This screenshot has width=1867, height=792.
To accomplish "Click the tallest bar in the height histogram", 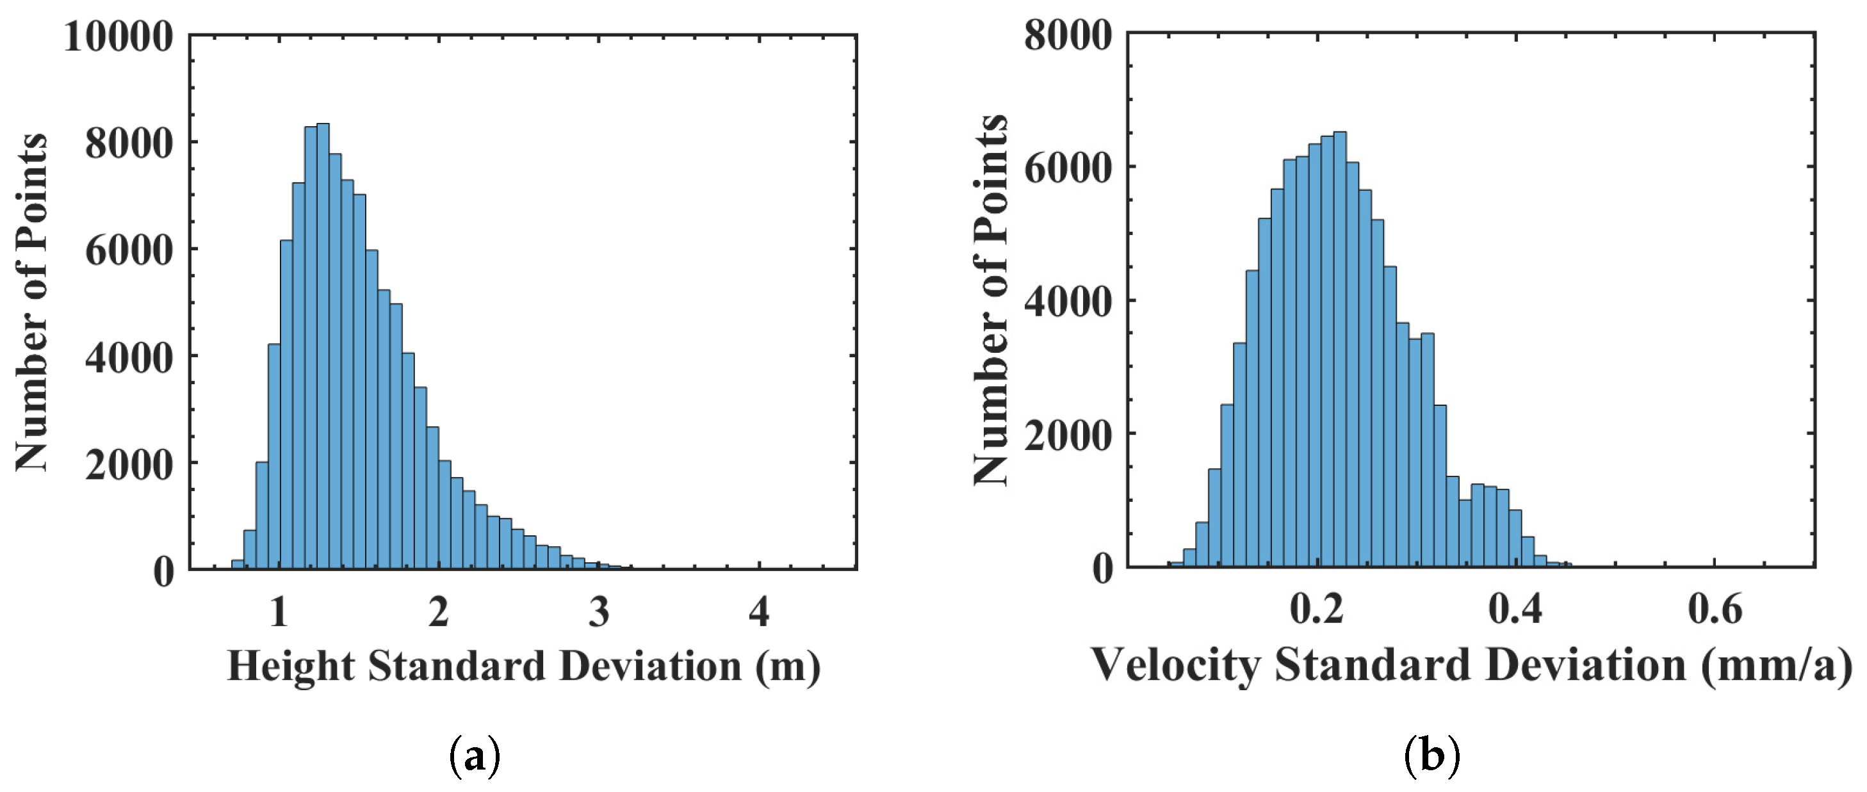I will point(323,348).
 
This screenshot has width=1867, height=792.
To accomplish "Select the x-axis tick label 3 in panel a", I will point(599,612).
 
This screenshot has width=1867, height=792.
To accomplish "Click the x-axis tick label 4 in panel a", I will point(759,612).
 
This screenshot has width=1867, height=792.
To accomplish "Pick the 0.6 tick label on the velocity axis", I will point(1714,609).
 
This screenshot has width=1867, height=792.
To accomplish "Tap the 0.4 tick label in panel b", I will point(1515,609).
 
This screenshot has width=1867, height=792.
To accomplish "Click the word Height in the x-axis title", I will point(291,666).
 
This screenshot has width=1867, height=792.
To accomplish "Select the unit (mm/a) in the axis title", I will point(1775,666).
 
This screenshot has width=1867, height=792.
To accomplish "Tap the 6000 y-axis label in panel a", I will point(129,251).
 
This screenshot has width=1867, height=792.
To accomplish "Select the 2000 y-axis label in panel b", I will point(1068,437).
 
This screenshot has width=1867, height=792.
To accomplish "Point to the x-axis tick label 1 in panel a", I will point(279,612).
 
